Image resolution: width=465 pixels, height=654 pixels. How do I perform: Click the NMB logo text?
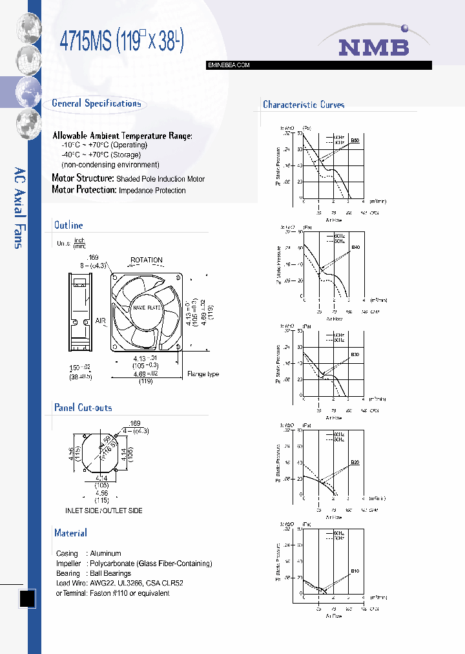pos(375,47)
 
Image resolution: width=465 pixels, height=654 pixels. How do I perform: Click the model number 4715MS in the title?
pos(86,42)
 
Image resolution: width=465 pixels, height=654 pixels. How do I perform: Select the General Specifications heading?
pos(96,103)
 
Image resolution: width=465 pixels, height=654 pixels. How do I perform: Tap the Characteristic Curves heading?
pos(304,105)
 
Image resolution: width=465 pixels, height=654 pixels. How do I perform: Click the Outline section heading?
pos(68,226)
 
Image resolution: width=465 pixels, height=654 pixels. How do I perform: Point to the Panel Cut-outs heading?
pos(83,408)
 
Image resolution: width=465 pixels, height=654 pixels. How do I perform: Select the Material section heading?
pos(70,533)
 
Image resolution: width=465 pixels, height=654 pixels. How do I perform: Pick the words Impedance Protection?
pos(152,191)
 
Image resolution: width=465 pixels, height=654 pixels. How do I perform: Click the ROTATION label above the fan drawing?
pos(147,260)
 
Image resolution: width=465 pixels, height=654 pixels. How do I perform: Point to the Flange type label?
pos(203,374)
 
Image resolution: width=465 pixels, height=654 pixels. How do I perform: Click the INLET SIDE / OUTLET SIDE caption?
pos(104,511)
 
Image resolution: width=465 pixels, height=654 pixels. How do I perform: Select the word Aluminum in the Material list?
pos(105,554)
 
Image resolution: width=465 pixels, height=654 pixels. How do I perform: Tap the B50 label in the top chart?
pos(355,140)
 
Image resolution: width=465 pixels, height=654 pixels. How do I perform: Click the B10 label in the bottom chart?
pos(355,571)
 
